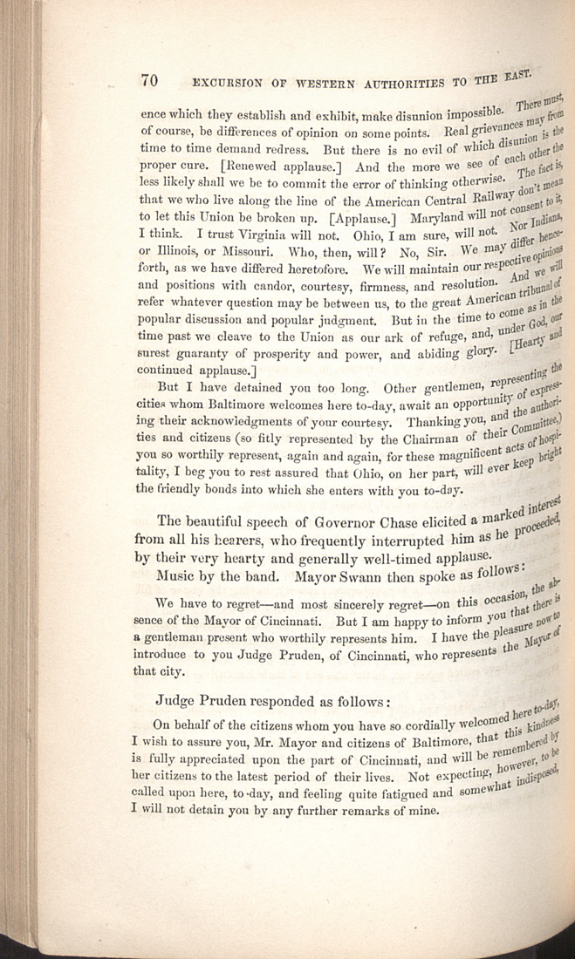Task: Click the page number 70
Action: click(x=147, y=81)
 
